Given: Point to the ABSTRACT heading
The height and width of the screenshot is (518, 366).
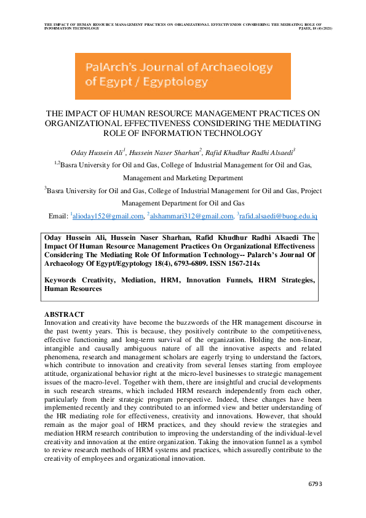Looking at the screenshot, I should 64,314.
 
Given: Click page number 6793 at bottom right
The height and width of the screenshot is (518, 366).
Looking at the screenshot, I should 314,484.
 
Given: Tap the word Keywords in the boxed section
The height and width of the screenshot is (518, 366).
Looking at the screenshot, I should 65,280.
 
